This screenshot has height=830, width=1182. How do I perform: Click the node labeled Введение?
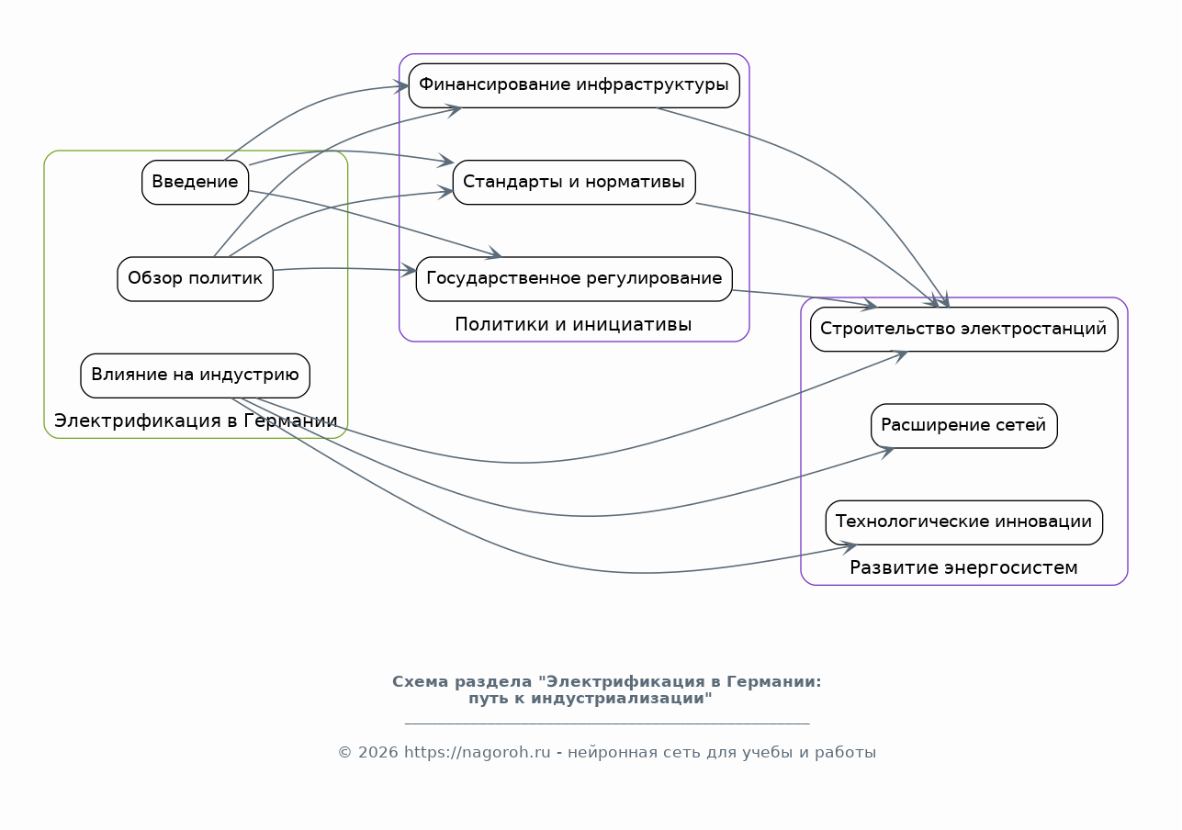point(195,182)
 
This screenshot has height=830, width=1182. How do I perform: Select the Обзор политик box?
point(195,278)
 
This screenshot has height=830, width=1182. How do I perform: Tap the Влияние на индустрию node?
point(195,376)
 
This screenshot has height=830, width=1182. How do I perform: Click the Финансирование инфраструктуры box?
point(574,85)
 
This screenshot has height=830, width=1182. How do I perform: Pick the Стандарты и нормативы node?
point(574,182)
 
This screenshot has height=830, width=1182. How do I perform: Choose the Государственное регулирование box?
point(574,278)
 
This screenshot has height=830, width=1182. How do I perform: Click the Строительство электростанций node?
point(963,329)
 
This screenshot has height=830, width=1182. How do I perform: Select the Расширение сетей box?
point(963,425)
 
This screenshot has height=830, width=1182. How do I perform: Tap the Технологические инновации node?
point(963,522)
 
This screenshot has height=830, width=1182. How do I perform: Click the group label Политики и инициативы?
point(573,324)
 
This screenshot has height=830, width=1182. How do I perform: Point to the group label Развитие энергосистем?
point(963,567)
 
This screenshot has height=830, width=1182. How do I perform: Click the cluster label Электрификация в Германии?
point(196,421)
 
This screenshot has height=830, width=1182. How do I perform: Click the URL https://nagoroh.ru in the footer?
point(477,752)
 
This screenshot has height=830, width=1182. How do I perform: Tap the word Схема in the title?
point(420,682)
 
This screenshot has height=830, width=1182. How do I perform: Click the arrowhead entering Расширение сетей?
point(886,453)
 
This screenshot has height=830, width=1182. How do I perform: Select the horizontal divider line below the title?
point(607,723)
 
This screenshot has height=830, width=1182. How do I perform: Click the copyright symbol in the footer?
point(344,753)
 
